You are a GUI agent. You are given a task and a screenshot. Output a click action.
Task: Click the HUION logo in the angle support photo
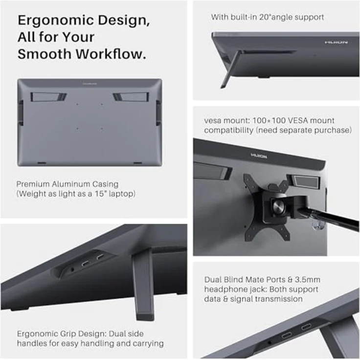[336, 43]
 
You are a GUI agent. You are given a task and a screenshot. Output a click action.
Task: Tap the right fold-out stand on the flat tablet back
[131, 97]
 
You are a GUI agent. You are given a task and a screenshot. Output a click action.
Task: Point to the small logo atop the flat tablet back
[90, 84]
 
